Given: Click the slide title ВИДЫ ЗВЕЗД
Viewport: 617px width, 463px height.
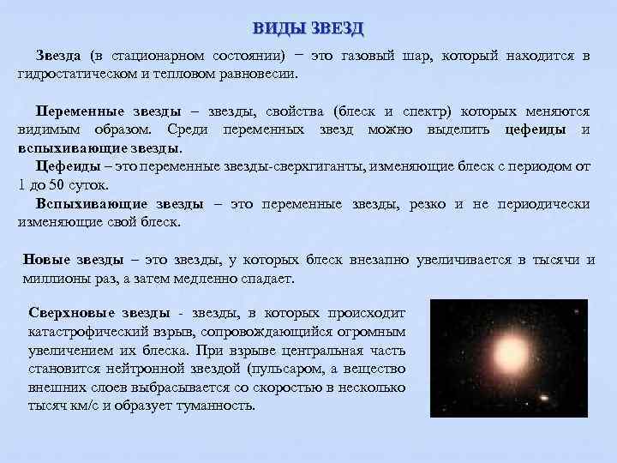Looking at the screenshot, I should click(x=308, y=28).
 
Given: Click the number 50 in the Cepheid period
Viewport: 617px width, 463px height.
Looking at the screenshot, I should click(x=56, y=185).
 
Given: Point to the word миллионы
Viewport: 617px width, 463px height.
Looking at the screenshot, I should click(x=54, y=279).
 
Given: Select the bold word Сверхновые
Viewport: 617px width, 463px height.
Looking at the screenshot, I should click(x=71, y=314).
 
